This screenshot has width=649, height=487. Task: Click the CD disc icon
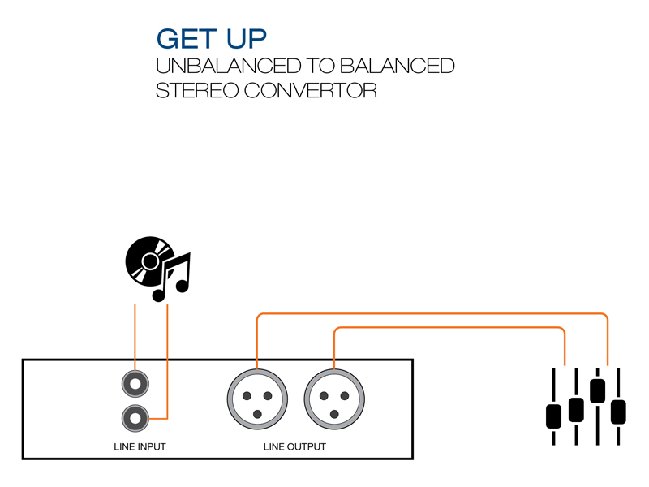pos(148,261)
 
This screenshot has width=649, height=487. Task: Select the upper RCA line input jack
pos(135,382)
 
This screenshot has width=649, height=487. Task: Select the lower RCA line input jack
pos(135,418)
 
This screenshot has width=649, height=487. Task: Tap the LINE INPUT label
pos(140,447)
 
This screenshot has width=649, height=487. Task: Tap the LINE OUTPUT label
pos(294,447)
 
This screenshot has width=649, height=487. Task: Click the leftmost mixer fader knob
pos(554,416)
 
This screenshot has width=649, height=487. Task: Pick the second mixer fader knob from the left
pos(576,409)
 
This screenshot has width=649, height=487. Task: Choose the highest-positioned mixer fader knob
pos(598,390)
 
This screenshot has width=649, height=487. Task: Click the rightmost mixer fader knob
pos(619,412)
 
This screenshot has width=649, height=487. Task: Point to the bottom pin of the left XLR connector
pos(257,414)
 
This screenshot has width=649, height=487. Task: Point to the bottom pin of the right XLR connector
pos(335,414)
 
